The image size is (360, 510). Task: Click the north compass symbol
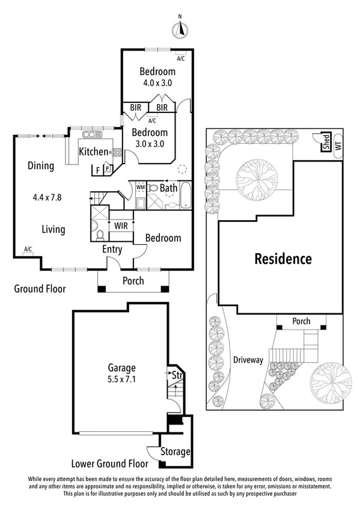point(180,29)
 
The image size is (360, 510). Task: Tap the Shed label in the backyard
point(326,142)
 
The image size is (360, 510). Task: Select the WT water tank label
point(338,146)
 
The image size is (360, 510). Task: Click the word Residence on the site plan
point(283,259)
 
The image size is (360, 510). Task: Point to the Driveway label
point(248,360)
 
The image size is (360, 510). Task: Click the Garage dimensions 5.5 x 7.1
point(122,379)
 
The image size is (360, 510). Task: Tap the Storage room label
point(175,452)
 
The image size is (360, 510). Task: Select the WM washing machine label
point(141,188)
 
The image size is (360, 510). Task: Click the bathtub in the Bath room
point(186,195)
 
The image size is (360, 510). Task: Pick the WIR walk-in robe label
point(121,226)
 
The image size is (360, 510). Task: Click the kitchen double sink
point(93,134)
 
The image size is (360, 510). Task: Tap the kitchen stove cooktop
point(117,152)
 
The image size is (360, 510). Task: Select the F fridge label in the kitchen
point(98,170)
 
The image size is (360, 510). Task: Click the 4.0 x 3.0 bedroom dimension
point(157,83)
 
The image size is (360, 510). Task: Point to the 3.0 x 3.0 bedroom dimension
point(150,144)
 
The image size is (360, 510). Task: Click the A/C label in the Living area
point(28,249)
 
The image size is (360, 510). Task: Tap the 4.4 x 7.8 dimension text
point(47,197)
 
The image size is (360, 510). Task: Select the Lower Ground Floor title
point(110,464)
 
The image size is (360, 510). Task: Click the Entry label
point(112,250)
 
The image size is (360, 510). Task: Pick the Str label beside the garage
point(177,375)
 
